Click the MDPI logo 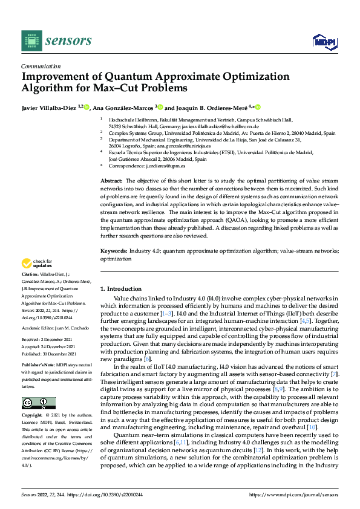click(324, 41)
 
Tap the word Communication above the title click(41, 66)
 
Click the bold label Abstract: click(111, 181)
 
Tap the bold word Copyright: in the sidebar click(32, 417)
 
